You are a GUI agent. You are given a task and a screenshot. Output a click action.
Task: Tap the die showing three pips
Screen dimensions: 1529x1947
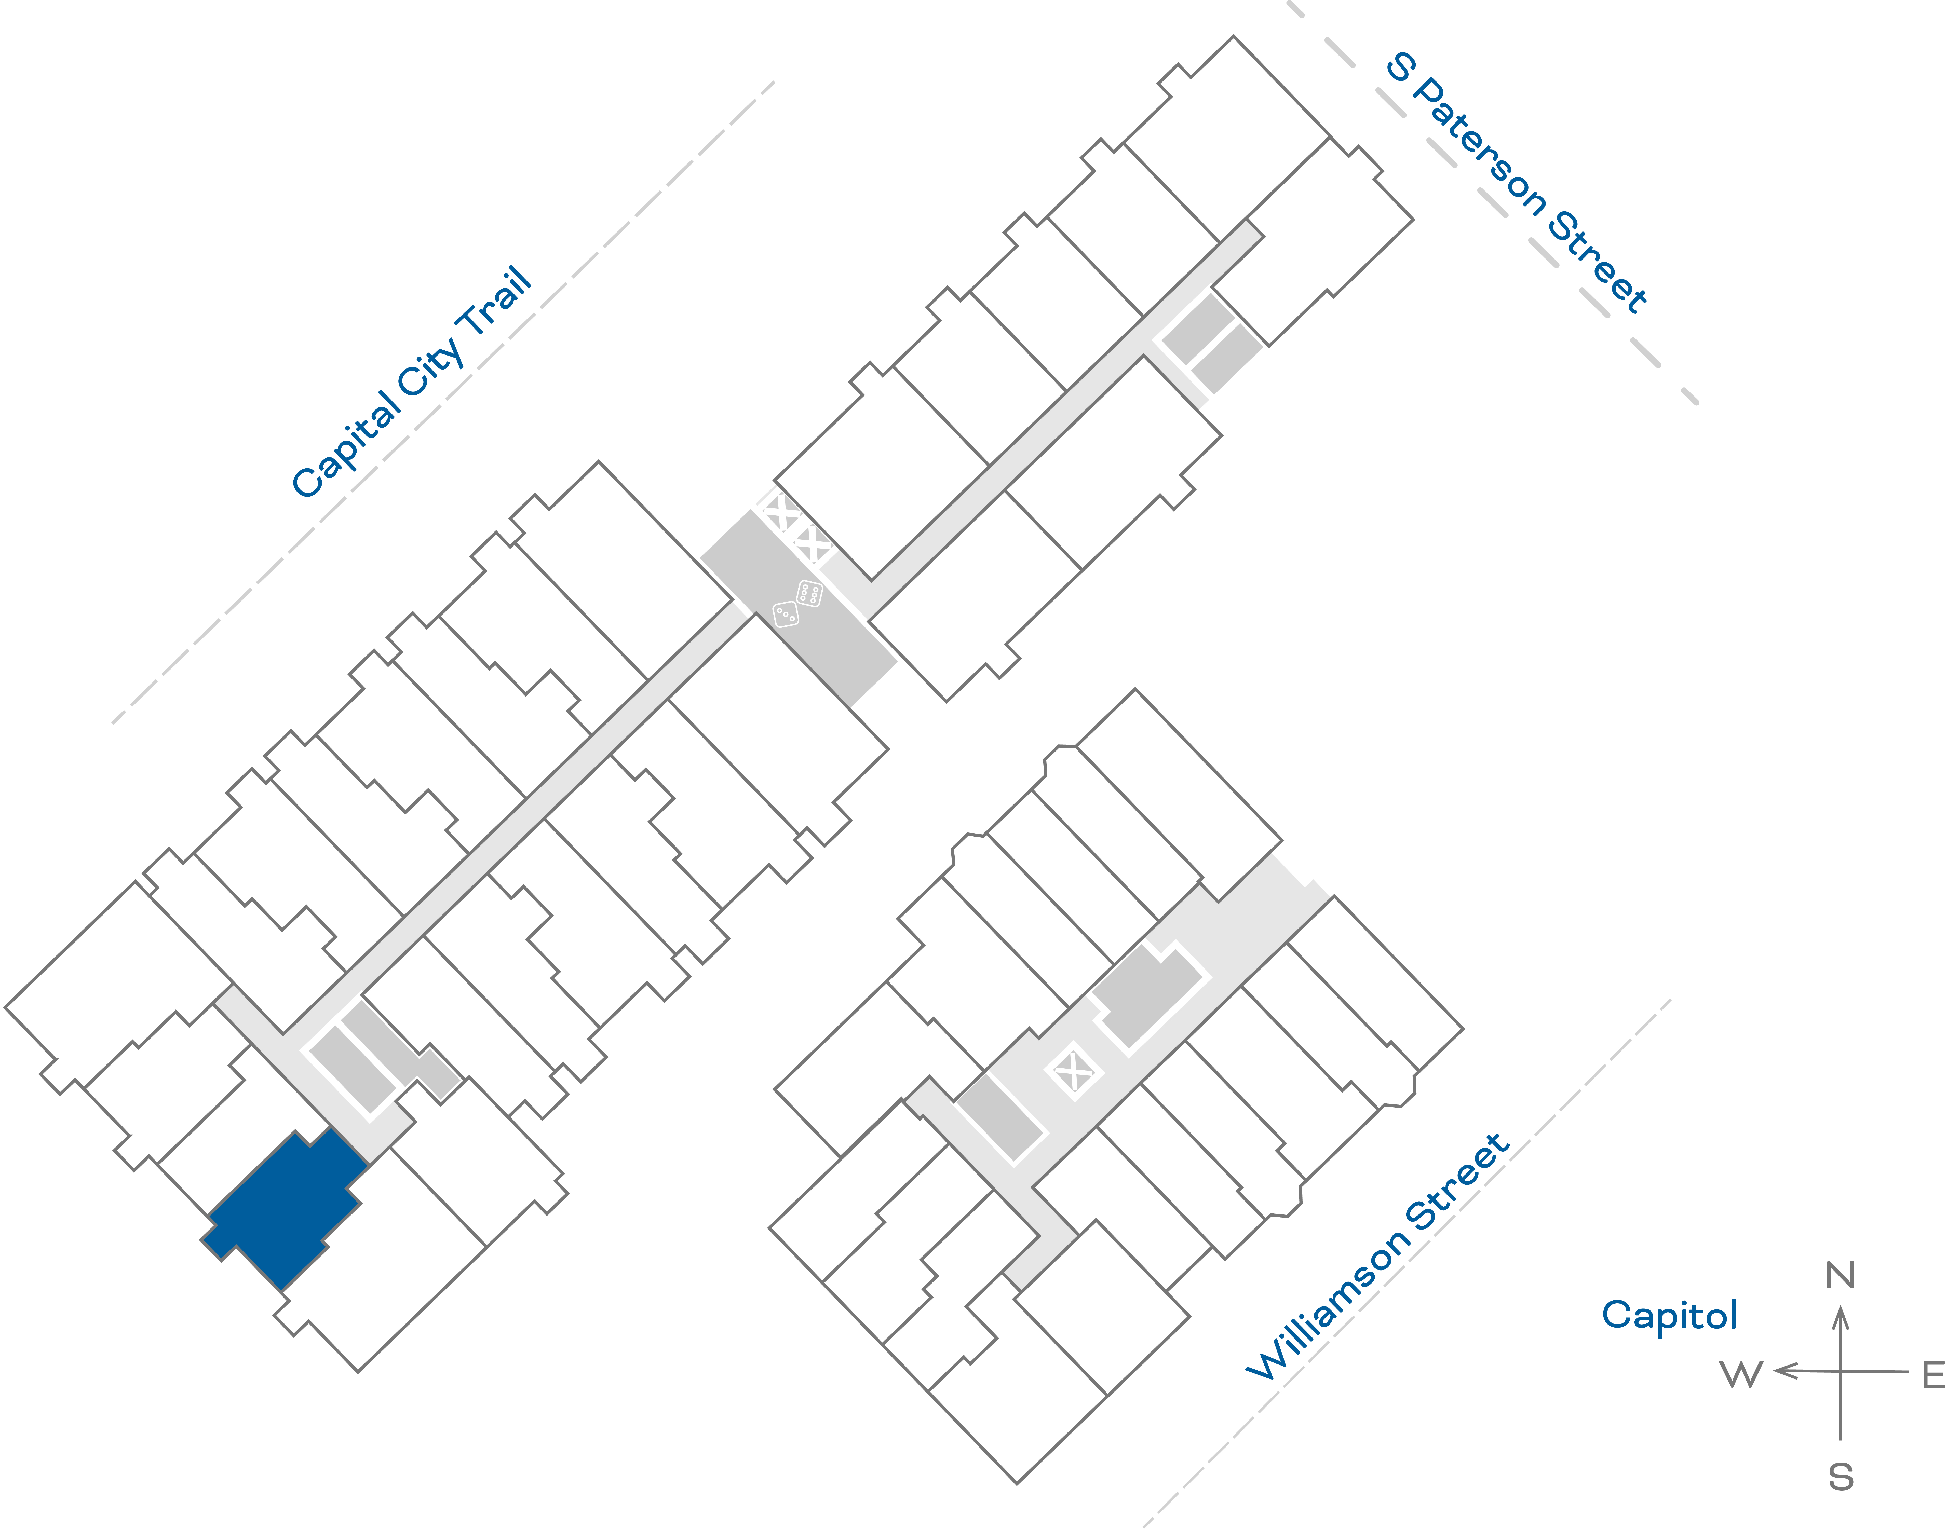[x=785, y=614]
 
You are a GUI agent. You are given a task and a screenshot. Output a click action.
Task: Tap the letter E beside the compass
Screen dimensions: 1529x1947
[x=1934, y=1374]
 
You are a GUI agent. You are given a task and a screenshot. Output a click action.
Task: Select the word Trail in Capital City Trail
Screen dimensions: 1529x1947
[x=495, y=302]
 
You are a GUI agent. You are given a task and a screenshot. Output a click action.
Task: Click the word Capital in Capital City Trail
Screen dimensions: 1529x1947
[x=347, y=445]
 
